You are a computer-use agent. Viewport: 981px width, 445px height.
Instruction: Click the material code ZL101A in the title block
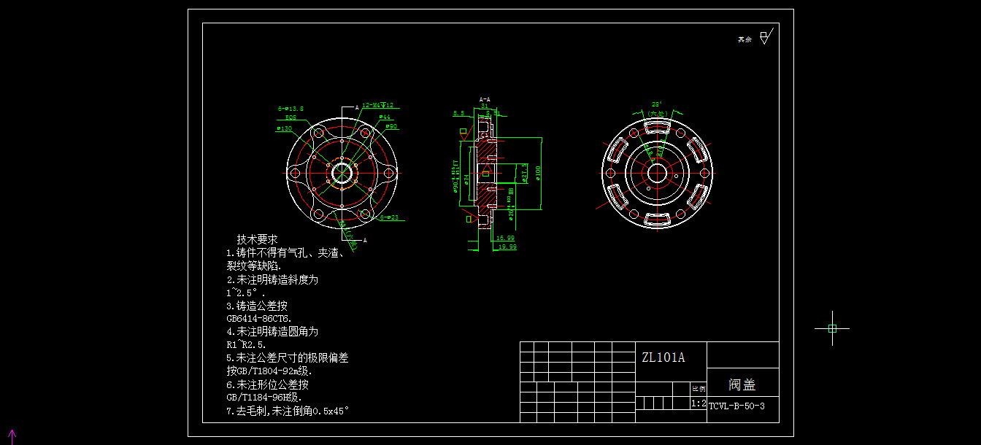(x=663, y=357)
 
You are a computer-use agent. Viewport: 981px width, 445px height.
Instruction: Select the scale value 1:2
(x=698, y=403)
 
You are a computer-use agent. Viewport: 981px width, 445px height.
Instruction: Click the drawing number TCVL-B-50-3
(x=736, y=406)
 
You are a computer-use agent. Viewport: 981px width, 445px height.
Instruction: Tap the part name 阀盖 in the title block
(x=742, y=384)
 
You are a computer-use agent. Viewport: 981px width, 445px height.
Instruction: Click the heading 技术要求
(x=257, y=239)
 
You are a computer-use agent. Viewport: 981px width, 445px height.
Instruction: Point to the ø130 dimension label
(x=284, y=128)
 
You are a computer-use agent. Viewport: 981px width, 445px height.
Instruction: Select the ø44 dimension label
(x=385, y=117)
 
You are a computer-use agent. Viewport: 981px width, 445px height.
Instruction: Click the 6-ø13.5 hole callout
(x=290, y=108)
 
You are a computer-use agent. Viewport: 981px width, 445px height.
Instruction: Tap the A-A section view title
(x=485, y=98)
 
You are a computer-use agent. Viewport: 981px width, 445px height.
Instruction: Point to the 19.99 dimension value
(x=507, y=247)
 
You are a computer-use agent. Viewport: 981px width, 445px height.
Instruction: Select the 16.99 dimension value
(x=505, y=238)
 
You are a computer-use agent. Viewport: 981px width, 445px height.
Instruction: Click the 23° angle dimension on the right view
(x=656, y=104)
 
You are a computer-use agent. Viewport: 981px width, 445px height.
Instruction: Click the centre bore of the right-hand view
(x=657, y=174)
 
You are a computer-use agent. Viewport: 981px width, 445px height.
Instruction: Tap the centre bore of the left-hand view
(x=342, y=174)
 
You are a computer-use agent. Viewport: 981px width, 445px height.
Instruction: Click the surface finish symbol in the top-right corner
(x=764, y=37)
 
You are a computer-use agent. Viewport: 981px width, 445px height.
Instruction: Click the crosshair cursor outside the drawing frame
(x=832, y=328)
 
